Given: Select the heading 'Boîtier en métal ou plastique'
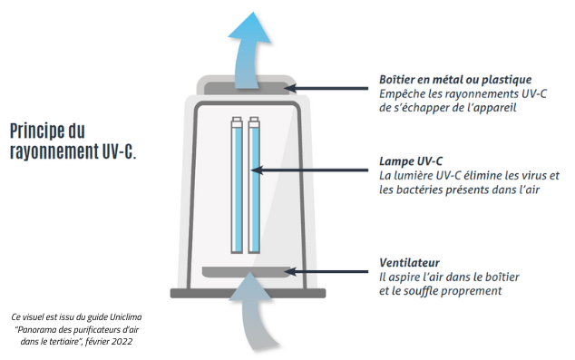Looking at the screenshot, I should tap(455, 80).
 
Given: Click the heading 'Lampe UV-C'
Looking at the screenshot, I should tap(411, 161).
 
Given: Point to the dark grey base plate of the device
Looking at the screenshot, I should tap(248, 293).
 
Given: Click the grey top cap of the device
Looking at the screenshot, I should tap(247, 88).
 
